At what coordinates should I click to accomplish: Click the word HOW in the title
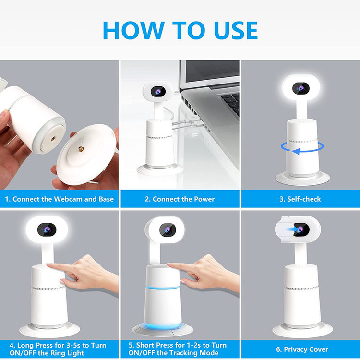coord(134,30)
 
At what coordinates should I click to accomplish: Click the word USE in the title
coord(236,30)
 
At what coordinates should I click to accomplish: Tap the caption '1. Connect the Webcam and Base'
coord(59,199)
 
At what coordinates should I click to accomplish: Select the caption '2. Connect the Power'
coord(180,199)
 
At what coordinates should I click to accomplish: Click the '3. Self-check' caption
coord(300,199)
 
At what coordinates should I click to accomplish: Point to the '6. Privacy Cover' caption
coord(302,349)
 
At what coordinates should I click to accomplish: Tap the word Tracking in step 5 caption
coord(183,352)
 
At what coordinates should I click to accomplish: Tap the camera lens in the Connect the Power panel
coord(158,92)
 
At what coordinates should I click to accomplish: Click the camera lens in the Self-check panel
coord(301,88)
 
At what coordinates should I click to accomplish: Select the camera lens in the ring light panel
coord(47,229)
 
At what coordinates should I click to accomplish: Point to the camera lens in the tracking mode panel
coord(168,229)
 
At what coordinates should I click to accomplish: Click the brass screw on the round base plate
coord(81,149)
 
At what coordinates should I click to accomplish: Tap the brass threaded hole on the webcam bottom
coord(53,139)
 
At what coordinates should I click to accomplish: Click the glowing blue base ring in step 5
coord(163,325)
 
